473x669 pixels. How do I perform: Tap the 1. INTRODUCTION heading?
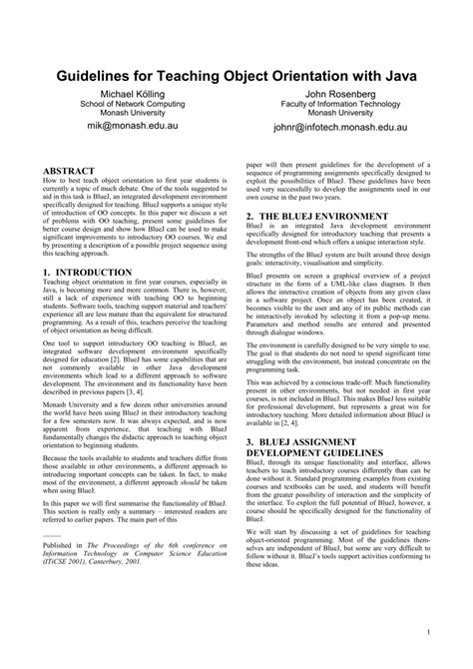tap(96, 273)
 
